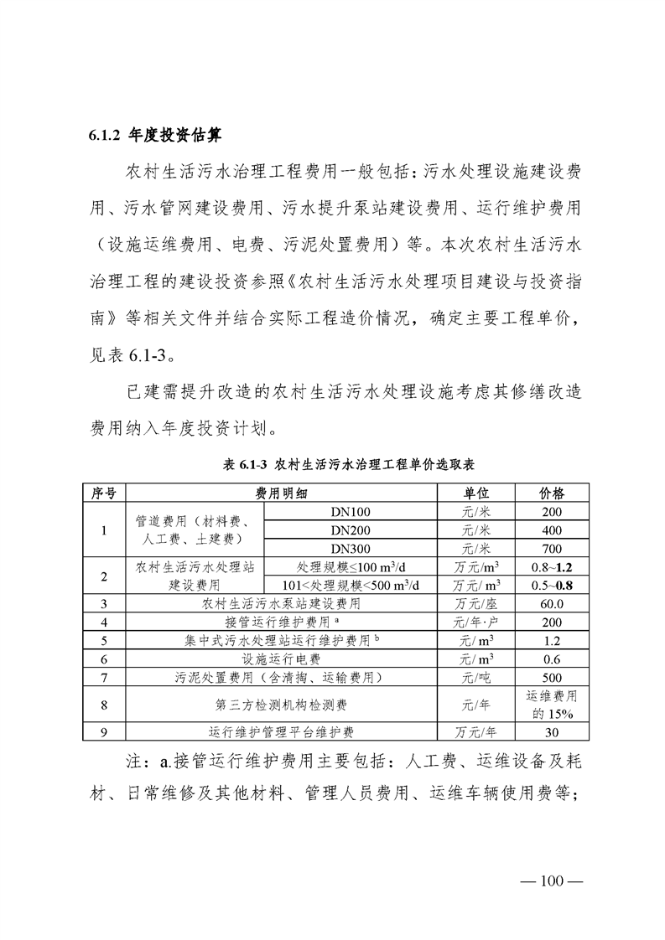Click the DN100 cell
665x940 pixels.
tap(351, 512)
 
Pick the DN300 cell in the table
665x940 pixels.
tap(351, 548)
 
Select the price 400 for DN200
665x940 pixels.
tap(551, 530)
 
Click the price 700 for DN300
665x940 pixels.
tap(551, 548)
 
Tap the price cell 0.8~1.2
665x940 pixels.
tap(551, 566)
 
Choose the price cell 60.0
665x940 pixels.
tap(551, 603)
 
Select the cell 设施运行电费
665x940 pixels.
tap(281, 659)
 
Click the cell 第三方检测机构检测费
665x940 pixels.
tap(281, 704)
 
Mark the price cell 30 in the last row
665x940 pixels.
tap(551, 731)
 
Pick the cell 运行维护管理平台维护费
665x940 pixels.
tap(281, 731)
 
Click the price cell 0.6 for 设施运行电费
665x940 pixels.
tap(551, 659)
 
